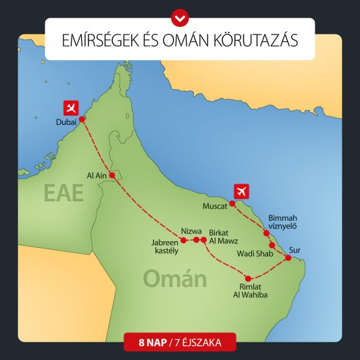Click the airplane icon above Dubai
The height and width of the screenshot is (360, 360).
(x=71, y=107)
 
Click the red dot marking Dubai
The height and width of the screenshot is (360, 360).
(x=82, y=119)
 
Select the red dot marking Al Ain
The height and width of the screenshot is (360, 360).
(x=112, y=176)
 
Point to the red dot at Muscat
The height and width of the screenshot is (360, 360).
(x=232, y=202)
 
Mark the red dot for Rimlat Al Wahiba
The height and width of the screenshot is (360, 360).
(x=249, y=278)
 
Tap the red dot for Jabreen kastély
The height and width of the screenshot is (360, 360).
(x=184, y=240)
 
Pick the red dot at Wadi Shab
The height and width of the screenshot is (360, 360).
(x=272, y=245)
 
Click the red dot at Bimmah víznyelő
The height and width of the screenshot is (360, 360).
(x=266, y=233)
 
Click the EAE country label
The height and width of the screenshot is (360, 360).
(x=63, y=193)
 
